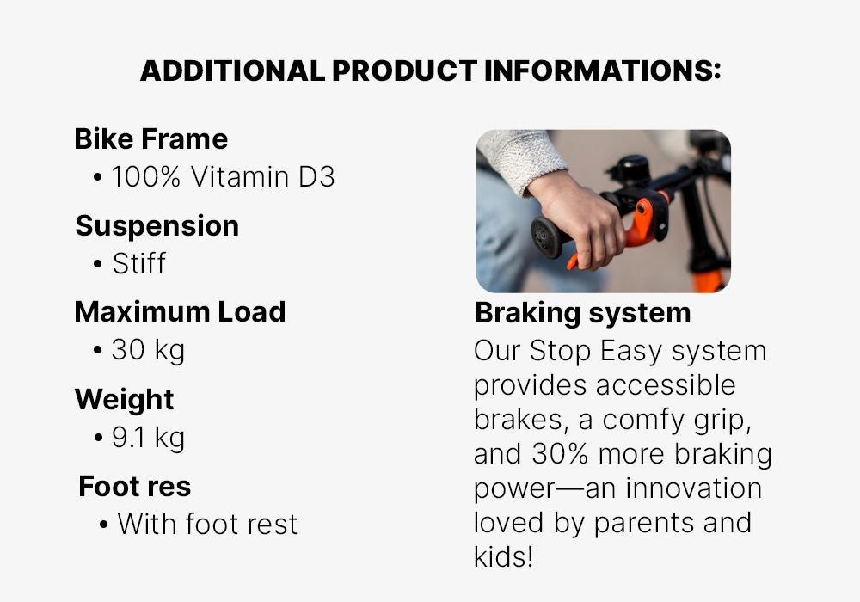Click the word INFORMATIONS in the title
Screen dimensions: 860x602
coord(602,71)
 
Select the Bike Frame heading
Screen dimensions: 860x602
coord(150,138)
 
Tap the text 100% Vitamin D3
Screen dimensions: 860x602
coord(224,176)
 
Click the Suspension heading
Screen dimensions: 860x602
coord(157,226)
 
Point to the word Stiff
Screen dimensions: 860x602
coord(138,263)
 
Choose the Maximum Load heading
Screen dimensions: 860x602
coord(180,312)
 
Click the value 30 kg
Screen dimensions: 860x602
coord(148,350)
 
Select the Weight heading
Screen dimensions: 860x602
coord(124,400)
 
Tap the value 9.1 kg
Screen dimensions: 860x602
coord(148,438)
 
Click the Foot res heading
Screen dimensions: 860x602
coord(134,486)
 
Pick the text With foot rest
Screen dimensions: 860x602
coord(207,524)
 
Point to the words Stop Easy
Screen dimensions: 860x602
coord(597,351)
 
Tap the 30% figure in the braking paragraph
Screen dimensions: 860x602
coord(560,454)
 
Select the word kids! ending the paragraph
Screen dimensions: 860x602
coord(503,557)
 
